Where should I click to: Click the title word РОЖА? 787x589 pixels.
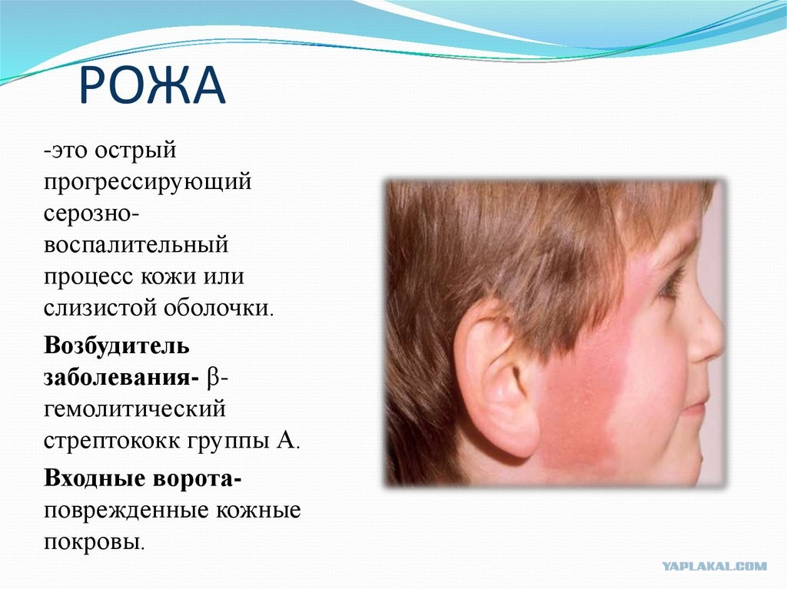tap(152, 84)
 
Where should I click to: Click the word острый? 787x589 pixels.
tap(135, 150)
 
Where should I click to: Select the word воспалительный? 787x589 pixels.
tap(136, 244)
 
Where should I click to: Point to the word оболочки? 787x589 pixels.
tap(218, 307)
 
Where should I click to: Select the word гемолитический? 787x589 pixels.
tap(134, 409)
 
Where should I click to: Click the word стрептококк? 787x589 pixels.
tap(112, 441)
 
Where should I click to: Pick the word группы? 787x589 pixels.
tap(227, 441)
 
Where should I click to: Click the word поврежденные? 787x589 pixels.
tap(126, 510)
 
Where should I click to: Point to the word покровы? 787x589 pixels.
tap(94, 541)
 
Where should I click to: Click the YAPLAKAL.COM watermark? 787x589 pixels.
tap(714, 567)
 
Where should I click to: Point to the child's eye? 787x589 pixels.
tap(671, 283)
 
